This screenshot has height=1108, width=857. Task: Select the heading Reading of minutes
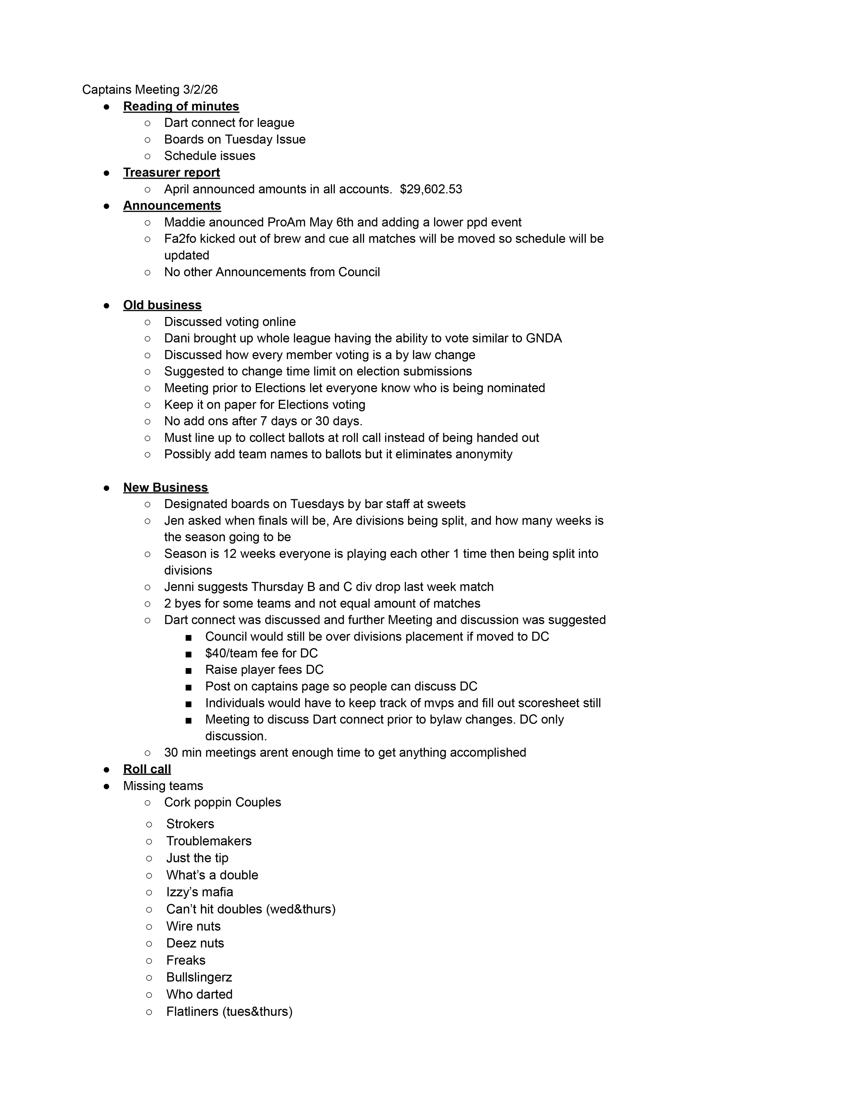181,106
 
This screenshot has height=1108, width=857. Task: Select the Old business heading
162,305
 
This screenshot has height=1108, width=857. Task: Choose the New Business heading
165,488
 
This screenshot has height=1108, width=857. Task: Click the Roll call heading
147,769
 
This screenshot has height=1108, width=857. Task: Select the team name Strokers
190,824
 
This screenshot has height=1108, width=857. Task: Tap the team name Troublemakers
209,841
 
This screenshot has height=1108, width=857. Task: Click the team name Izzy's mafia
200,892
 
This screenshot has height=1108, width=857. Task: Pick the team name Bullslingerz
199,977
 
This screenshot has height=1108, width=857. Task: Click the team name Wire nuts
194,926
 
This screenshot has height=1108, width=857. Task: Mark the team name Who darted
199,995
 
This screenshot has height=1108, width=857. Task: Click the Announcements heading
172,205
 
